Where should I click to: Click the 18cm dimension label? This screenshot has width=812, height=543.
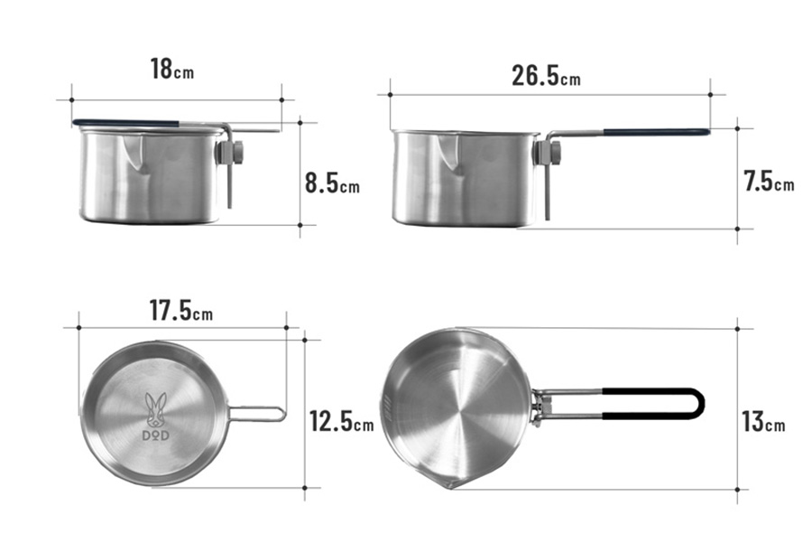pyautogui.click(x=172, y=69)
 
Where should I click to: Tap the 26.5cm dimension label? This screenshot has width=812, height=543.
pyautogui.click(x=546, y=76)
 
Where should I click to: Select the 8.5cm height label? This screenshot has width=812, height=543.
pyautogui.click(x=332, y=183)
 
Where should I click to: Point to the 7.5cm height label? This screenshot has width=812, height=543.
pyautogui.click(x=769, y=181)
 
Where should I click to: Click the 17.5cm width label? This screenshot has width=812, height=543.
pyautogui.click(x=181, y=311)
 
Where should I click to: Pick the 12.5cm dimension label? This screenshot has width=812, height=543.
pyautogui.click(x=341, y=421)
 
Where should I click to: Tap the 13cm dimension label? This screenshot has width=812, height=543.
pyautogui.click(x=763, y=421)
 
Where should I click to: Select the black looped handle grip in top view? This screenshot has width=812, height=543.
pyautogui.click(x=653, y=404)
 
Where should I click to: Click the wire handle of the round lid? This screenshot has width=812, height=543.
pyautogui.click(x=256, y=414)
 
